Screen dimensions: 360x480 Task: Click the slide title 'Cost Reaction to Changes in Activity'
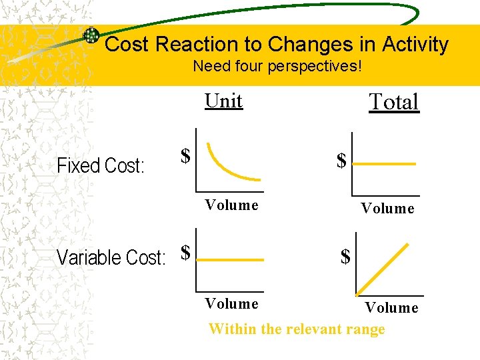[277, 45]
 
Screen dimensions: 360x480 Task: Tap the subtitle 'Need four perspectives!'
[277, 67]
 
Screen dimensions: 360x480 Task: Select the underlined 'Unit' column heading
[224, 101]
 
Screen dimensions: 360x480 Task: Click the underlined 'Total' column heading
[394, 102]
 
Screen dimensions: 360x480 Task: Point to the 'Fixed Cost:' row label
[101, 165]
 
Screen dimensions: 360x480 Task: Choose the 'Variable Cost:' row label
[111, 257]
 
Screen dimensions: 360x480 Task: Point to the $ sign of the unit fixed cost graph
[186, 156]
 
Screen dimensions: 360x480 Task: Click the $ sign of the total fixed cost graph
[341, 161]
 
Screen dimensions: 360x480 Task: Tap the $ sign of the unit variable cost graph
[186, 252]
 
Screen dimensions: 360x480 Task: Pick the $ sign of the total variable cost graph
[345, 257]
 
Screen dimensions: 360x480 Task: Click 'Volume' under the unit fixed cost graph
[231, 205]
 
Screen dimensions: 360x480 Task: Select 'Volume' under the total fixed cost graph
[387, 209]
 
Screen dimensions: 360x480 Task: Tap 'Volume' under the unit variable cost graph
[231, 304]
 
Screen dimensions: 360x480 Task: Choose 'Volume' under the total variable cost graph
[391, 308]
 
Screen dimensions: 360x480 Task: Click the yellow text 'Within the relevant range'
[297, 329]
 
